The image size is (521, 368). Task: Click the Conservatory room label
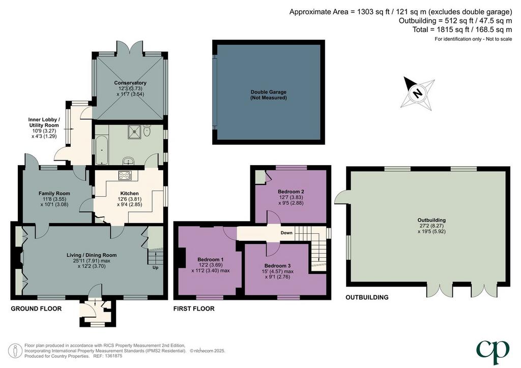130,83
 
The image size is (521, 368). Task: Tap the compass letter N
417,93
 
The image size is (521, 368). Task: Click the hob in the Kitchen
125,175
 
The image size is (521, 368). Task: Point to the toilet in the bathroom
147,131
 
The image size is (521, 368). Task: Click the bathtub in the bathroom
102,149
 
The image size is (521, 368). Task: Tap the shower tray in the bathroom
134,132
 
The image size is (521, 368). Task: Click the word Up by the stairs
155,267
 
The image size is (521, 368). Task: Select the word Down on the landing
286,233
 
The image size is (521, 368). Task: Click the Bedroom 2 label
291,192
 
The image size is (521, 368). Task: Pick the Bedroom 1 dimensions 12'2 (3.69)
210,265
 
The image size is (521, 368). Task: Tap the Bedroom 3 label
277,265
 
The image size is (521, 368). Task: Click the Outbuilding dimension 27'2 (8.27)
431,226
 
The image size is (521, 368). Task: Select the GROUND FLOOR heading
36,309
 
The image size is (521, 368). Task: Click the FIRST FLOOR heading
194,309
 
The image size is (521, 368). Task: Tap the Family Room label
54,194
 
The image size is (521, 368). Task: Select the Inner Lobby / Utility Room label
44,122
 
